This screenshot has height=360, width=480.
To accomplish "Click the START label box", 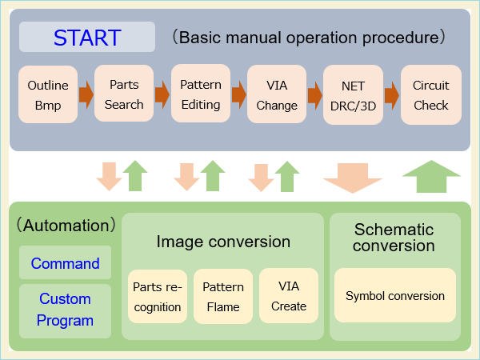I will pos(87,37).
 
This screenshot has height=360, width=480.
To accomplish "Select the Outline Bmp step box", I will pos(48,95).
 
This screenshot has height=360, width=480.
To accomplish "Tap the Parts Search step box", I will pos(124,94).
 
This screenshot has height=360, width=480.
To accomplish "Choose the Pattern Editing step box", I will pos(201,94).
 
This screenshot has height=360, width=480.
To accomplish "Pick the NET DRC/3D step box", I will pos(352,95).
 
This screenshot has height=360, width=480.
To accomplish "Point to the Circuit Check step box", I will pos(431,95).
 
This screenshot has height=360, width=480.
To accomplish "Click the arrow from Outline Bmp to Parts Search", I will pos(86,96).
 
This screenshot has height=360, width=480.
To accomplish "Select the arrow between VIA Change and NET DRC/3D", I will pos(315,96).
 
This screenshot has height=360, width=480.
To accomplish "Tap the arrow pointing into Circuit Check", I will pos(391,96).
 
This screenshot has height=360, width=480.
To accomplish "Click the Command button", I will pos(66,263).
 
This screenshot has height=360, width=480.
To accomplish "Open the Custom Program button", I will pos(66,310).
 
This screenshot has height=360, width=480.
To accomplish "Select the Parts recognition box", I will pos(157,296).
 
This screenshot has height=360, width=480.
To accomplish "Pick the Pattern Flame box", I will pos(223,296).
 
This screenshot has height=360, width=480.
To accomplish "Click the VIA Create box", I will pos(289,295).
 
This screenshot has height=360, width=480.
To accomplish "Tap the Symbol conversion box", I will pos(395,296).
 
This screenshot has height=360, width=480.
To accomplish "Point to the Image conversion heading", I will pos(223,242).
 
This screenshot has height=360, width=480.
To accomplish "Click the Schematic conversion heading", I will pos(394,238).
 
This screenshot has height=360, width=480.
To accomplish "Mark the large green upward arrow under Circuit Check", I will pos(431,177).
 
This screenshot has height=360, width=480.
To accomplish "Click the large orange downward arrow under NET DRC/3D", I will pos(353,177).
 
